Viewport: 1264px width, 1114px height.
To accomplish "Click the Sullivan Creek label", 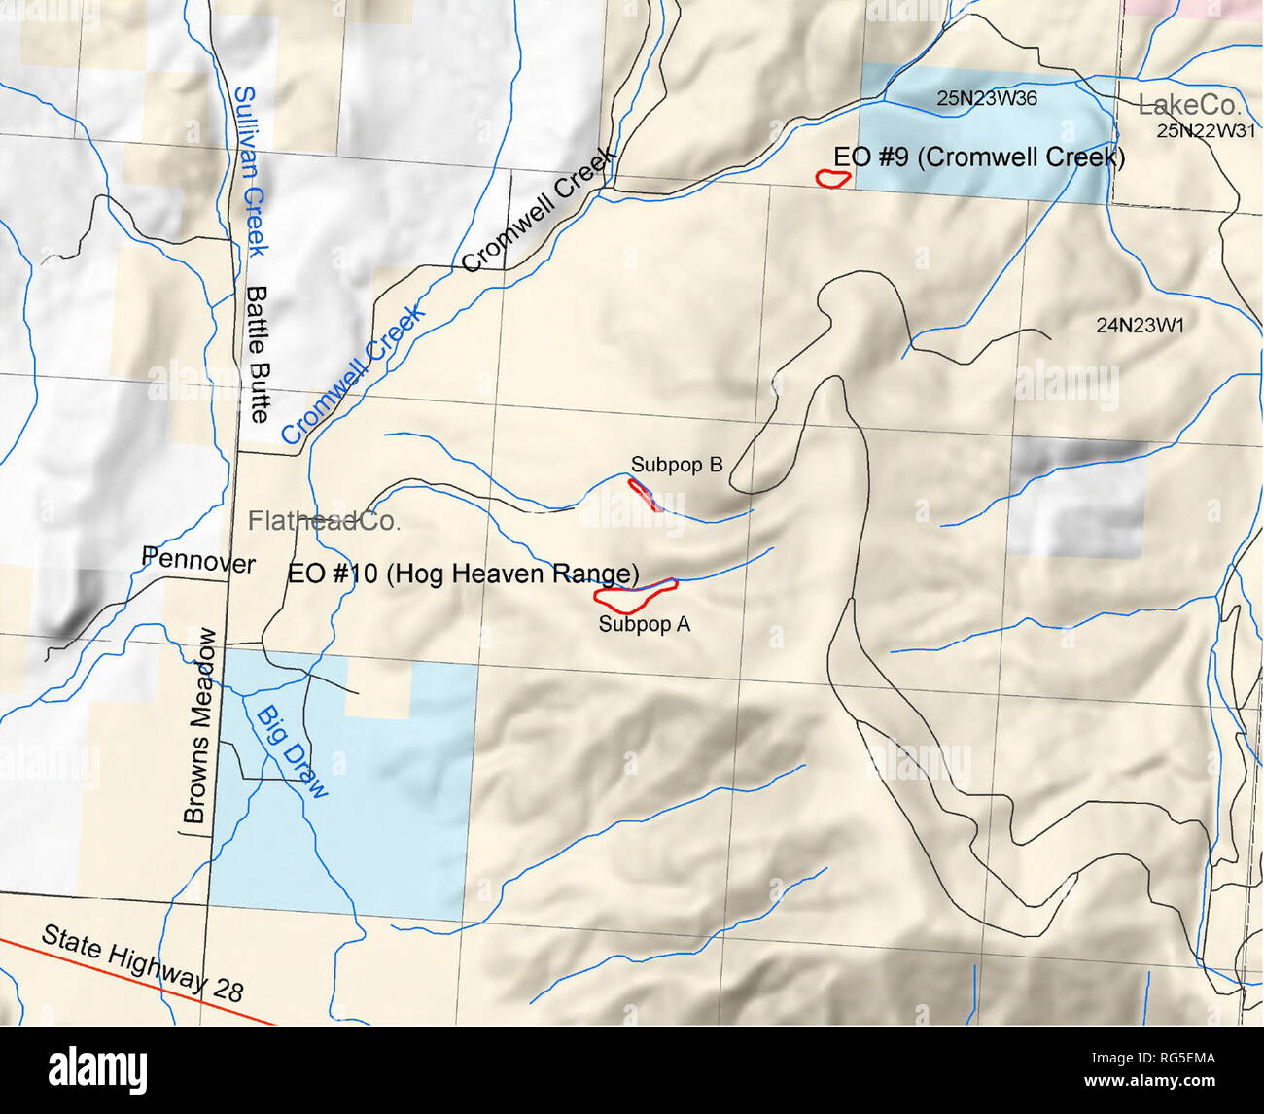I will pos(250,171).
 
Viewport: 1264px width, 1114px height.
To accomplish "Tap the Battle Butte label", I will pos(258,354).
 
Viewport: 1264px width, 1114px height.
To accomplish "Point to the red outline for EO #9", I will pos(833,178).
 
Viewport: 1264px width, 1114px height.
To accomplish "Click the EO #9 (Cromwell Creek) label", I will pos(978,157).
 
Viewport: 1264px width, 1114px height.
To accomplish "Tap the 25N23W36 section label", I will pos(987,98).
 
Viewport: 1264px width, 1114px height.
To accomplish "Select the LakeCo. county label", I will pos(1189,105).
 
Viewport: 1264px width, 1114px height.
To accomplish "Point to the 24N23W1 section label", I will pos(1141,326).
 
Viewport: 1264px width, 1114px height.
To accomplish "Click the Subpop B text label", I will pos(677,465).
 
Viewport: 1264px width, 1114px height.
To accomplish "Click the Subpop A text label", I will pos(644,624).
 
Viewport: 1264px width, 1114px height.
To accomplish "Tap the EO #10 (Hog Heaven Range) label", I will pos(463,574).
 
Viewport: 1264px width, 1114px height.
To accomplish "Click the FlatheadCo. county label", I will pos(324,521).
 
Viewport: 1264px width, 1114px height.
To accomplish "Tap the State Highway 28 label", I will pos(142,963).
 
